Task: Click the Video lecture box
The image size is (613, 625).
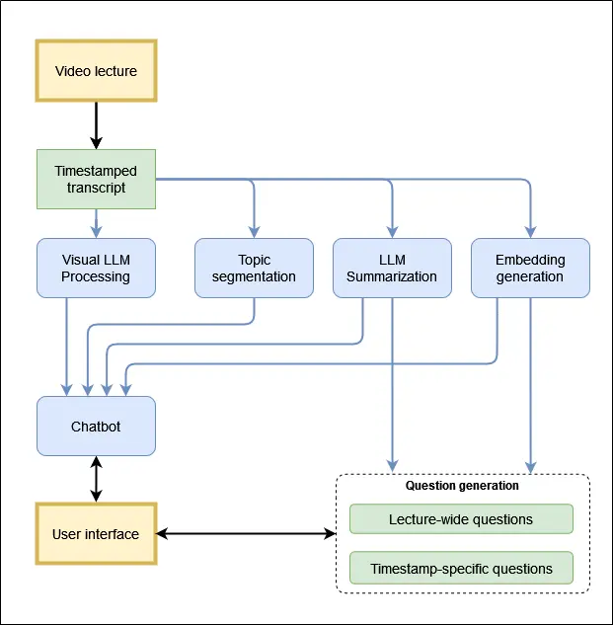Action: click(x=96, y=71)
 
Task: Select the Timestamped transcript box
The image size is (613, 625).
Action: click(x=96, y=180)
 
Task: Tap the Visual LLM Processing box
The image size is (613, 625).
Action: click(x=96, y=268)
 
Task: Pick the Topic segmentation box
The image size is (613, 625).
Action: click(x=254, y=268)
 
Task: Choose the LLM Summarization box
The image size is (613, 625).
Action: click(x=392, y=268)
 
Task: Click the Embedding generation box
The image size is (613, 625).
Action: click(x=530, y=268)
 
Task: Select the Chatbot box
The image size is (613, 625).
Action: click(x=96, y=426)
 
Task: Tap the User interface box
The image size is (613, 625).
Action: click(x=96, y=534)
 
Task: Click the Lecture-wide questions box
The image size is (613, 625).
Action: click(x=461, y=519)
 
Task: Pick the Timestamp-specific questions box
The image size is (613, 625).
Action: click(x=461, y=569)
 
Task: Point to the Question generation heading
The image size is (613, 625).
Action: click(x=462, y=486)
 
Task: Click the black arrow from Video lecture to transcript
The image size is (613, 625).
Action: click(x=96, y=125)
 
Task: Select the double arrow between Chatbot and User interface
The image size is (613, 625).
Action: click(x=96, y=479)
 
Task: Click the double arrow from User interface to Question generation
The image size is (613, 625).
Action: click(x=246, y=534)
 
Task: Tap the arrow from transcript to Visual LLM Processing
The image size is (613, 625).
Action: click(x=96, y=223)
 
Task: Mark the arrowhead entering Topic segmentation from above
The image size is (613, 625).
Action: click(x=254, y=232)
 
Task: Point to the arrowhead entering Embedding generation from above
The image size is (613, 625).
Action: click(x=530, y=232)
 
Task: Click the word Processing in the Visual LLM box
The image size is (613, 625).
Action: click(x=96, y=276)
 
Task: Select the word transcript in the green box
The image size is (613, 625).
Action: click(x=96, y=188)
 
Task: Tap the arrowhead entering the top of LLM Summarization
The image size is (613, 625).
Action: click(x=392, y=232)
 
